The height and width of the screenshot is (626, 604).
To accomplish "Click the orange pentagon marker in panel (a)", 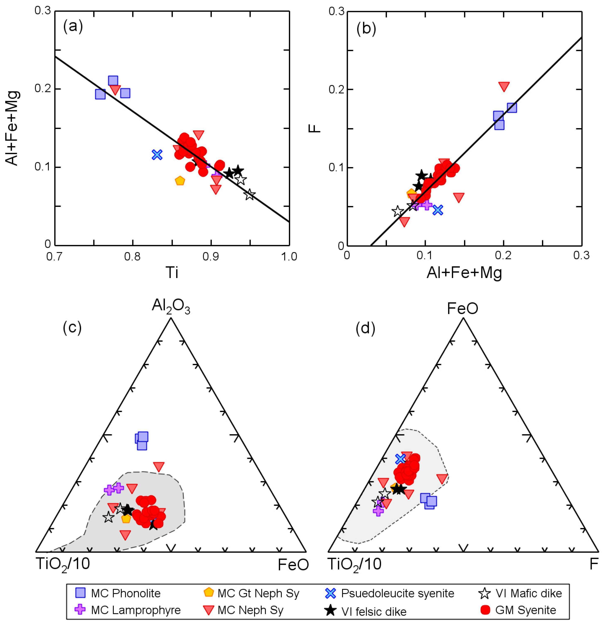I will click(x=180, y=181).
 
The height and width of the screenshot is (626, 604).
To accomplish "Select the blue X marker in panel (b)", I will click(x=437, y=210).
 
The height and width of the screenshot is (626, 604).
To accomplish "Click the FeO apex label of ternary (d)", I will click(x=462, y=308).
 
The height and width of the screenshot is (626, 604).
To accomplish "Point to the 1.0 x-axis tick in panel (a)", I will click(x=289, y=256).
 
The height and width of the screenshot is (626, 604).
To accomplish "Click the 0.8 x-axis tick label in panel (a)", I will click(x=132, y=256).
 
